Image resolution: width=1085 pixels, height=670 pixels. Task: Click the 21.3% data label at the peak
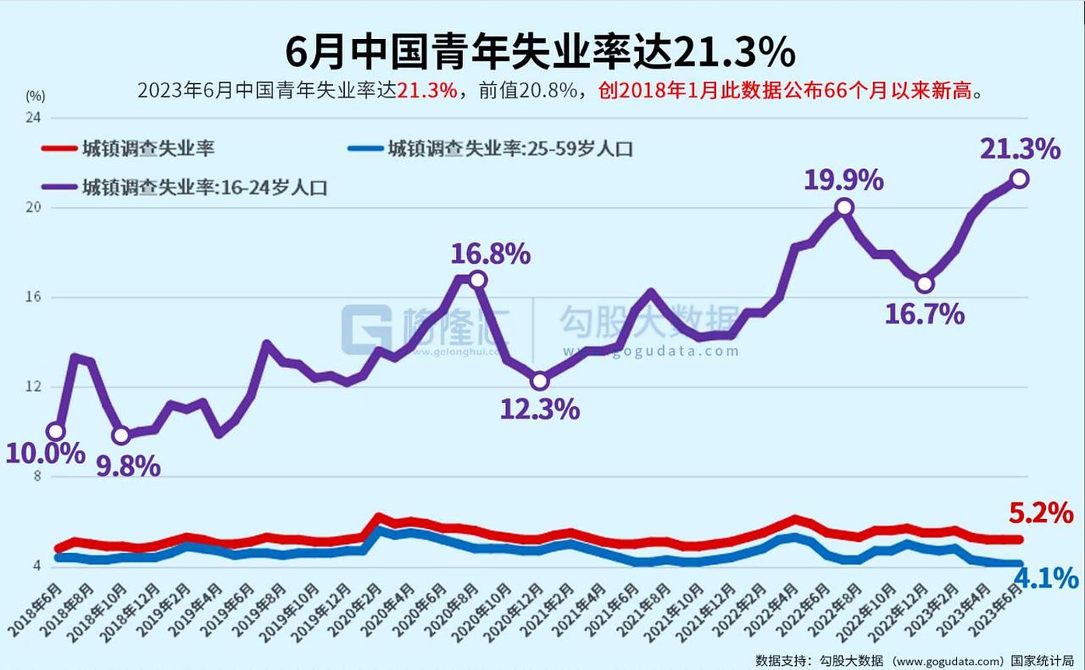coord(1020,149)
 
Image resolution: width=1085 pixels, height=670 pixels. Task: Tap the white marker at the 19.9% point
coord(844,207)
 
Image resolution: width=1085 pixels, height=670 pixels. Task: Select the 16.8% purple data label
coord(490,254)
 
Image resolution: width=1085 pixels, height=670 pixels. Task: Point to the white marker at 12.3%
coord(539,381)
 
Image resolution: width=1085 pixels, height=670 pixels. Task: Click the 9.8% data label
coord(128,466)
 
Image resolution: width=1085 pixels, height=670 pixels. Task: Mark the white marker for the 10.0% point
coord(55,431)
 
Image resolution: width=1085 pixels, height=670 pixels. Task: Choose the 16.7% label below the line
coord(924,315)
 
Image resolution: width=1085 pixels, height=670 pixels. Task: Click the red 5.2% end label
coord(1041,513)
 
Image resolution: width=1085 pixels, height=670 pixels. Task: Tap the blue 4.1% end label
coord(1046,578)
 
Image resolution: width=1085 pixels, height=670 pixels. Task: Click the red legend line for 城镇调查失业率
coord(59,149)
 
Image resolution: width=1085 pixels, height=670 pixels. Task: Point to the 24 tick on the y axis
coord(33,118)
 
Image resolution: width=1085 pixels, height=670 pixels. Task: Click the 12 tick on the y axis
coord(33,387)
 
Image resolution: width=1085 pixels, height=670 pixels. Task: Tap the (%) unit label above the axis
coord(36,96)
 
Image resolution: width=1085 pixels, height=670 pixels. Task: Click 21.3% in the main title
coord(733,52)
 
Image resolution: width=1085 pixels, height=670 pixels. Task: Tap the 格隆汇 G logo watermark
coord(366,329)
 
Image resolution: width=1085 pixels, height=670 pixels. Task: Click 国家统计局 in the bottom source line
coord(1042,661)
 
